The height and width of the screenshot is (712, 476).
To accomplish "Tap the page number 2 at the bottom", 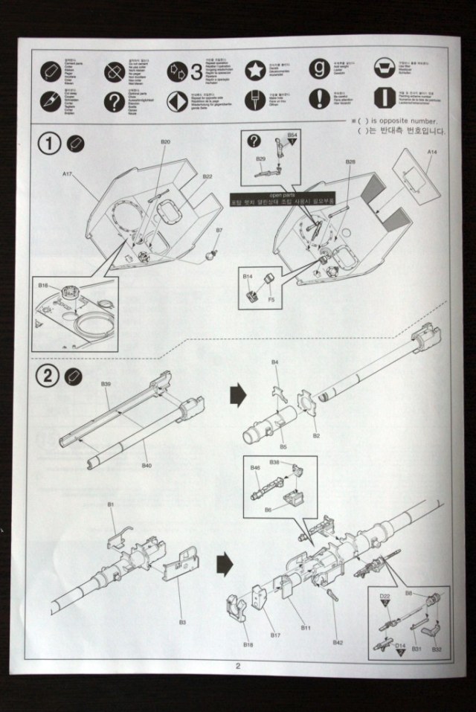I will (238, 666).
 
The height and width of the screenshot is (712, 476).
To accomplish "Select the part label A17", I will (67, 174).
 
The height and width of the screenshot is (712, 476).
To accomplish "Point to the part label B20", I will (165, 141).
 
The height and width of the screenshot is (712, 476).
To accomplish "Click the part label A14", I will (432, 151).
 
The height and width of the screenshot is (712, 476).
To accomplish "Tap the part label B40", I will (147, 466).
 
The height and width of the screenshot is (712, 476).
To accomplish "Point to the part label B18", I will (248, 644).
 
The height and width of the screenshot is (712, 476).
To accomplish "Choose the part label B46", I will (255, 468).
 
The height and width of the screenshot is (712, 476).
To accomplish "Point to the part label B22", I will (208, 176).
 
